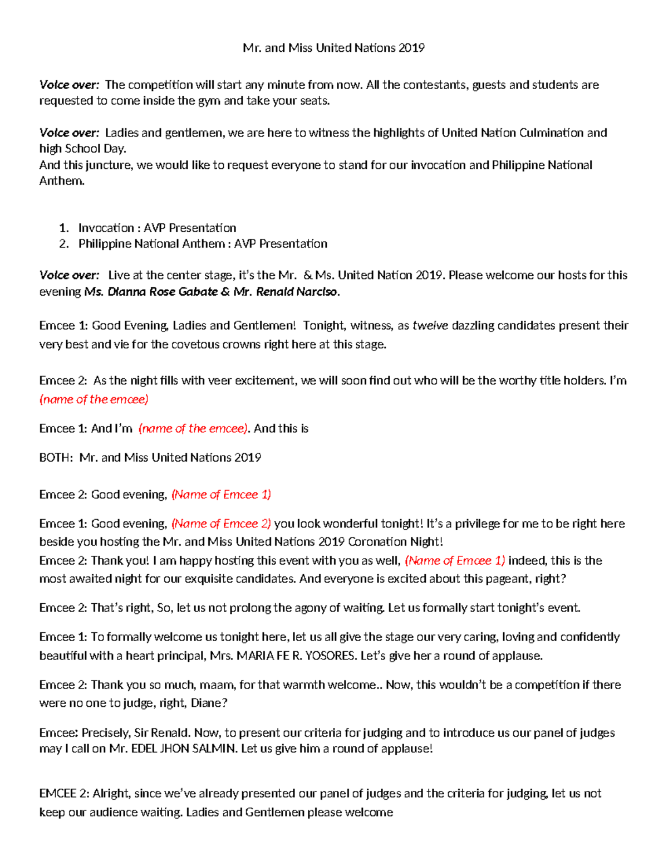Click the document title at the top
click(333, 48)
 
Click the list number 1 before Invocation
click(64, 228)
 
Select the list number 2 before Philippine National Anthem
click(64, 244)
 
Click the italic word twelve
click(430, 326)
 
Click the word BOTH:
click(56, 458)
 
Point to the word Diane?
click(209, 703)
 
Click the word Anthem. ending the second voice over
click(62, 181)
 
